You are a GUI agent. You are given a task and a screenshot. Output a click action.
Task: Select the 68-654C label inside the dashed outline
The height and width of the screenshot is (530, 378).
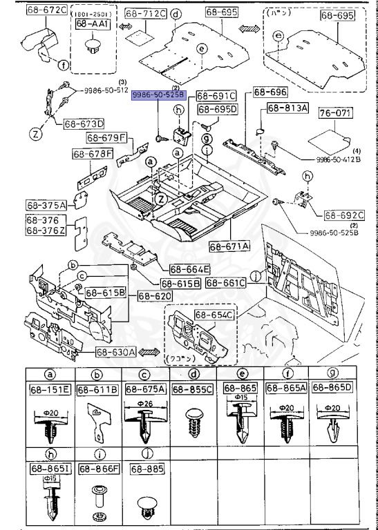pyautogui.click(x=214, y=315)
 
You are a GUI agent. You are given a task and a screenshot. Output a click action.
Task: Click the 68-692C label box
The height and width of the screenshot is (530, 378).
pyautogui.click(x=344, y=215)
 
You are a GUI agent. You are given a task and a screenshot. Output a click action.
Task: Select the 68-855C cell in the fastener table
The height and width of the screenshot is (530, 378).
pyautogui.click(x=195, y=390)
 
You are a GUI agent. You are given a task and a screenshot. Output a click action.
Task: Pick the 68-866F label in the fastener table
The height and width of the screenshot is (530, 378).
pyautogui.click(x=98, y=470)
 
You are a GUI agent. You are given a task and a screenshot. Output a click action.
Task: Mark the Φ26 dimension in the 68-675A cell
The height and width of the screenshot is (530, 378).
pyautogui.click(x=144, y=404)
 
